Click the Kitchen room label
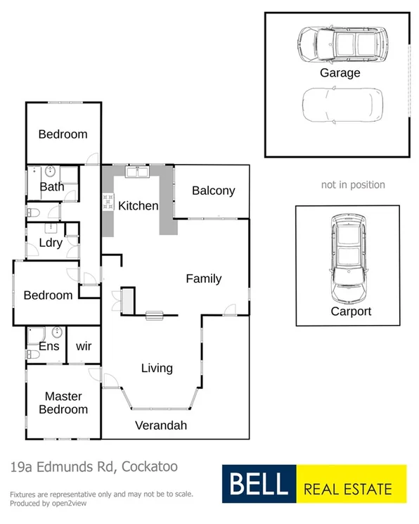pyautogui.click(x=138, y=206)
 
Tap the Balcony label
pyautogui.click(x=213, y=191)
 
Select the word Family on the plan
pyautogui.click(x=203, y=279)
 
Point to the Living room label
pyautogui.click(x=157, y=368)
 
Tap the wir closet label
pyautogui.click(x=84, y=346)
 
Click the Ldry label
pyautogui.click(x=51, y=243)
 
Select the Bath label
pyautogui.click(x=51, y=186)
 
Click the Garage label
pyautogui.click(x=340, y=73)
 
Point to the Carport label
pyautogui.click(x=350, y=311)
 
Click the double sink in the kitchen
pyautogui.click(x=137, y=172)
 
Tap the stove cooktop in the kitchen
pyautogui.click(x=108, y=203)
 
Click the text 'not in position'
pyautogui.click(x=353, y=185)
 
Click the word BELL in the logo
pyautogui.click(x=257, y=485)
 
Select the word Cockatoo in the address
pyautogui.click(x=152, y=466)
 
